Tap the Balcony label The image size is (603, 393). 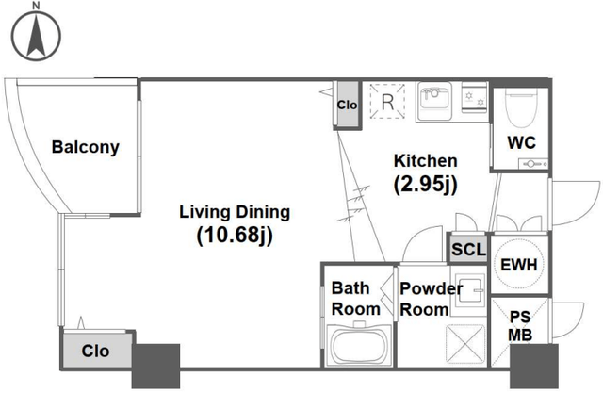click(x=86, y=147)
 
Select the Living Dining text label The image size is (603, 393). click(x=235, y=212)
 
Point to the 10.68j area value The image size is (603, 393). click(x=235, y=235)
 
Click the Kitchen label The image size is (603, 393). click(x=425, y=161)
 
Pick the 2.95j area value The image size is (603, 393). click(x=425, y=185)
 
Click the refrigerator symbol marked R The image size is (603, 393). click(x=387, y=102)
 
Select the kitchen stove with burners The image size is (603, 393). click(x=475, y=98)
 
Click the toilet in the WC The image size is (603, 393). click(x=521, y=107)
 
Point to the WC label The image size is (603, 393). click(x=521, y=142)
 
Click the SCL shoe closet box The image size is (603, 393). click(x=469, y=249)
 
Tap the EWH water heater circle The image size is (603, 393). click(x=519, y=264)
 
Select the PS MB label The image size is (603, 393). click(x=520, y=326)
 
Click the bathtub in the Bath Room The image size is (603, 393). click(x=359, y=346)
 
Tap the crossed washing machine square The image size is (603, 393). click(x=465, y=344)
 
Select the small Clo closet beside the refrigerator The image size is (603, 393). click(x=347, y=105)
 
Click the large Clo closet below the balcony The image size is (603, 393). click(x=96, y=350)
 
